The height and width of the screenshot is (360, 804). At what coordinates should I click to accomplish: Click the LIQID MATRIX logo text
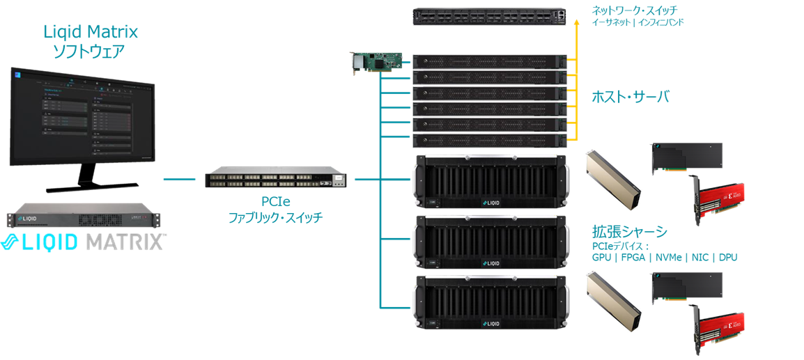84,242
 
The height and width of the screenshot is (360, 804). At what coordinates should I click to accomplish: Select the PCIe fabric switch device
276,179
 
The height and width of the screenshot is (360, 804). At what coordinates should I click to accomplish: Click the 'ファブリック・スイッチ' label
276,217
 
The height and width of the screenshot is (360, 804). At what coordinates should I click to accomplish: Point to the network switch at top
490,17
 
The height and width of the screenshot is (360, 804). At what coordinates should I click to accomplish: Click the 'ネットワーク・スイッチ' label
635,10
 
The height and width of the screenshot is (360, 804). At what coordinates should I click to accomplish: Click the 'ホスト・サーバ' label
630,96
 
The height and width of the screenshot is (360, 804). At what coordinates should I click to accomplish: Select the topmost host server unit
490,61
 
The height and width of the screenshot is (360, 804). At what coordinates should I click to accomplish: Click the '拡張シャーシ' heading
629,232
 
